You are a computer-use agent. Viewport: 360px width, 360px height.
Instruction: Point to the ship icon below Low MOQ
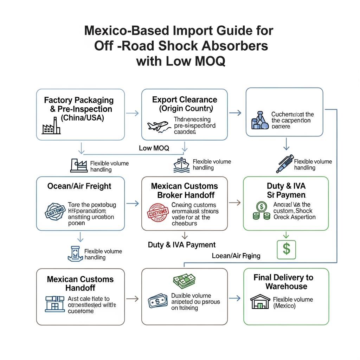(182, 165)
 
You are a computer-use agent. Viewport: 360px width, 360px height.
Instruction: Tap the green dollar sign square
(287, 249)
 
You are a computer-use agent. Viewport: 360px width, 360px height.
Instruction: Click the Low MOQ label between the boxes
(154, 148)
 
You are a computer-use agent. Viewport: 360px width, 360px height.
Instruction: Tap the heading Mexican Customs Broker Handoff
(184, 191)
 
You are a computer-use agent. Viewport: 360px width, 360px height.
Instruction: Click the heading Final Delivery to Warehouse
(284, 282)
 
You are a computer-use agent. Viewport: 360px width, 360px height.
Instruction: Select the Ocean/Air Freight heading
(81, 186)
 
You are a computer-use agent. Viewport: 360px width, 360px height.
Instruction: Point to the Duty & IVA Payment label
(182, 245)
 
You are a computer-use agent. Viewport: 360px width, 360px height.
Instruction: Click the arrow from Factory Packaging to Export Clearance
(132, 113)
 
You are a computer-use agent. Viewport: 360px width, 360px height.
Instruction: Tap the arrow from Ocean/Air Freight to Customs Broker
(132, 203)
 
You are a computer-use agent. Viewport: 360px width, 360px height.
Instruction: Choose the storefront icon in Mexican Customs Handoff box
(55, 303)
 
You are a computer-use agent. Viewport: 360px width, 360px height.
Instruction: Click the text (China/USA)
(83, 118)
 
